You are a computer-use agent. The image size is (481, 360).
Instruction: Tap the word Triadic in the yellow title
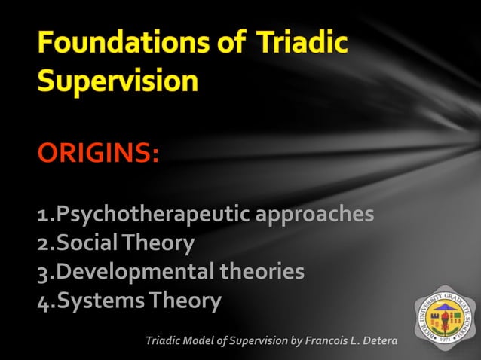pos(302,43)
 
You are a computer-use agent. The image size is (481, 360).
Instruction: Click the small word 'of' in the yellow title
pos(228,43)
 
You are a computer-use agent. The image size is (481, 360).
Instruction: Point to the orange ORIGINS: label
pos(98,156)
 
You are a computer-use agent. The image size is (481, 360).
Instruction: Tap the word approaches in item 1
pos(314,215)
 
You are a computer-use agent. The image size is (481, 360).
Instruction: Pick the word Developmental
pos(135,271)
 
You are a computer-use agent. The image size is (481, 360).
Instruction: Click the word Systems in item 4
pos(98,301)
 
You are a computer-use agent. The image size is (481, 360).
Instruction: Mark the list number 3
pos(43,273)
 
